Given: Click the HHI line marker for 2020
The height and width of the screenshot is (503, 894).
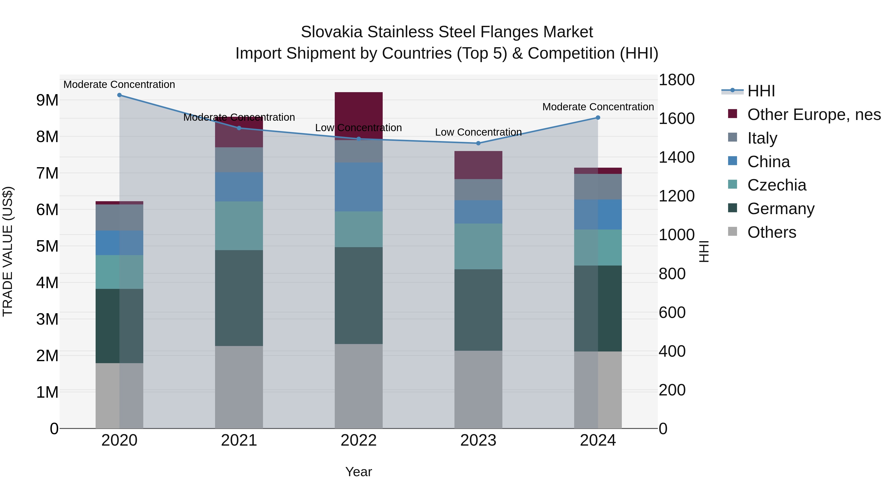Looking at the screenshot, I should (x=119, y=95).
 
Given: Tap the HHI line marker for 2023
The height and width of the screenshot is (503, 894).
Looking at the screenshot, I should (x=478, y=143).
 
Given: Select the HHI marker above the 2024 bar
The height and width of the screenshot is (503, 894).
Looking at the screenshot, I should (x=598, y=118).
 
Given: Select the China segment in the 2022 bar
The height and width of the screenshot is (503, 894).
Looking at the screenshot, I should (x=359, y=187).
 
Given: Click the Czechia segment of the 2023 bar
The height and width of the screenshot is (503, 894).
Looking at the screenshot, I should (x=478, y=246).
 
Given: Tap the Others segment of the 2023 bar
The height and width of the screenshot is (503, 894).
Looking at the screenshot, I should (x=478, y=389).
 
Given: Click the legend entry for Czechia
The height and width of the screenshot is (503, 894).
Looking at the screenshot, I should (x=776, y=185).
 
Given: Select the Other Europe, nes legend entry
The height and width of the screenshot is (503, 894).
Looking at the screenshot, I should (x=814, y=115).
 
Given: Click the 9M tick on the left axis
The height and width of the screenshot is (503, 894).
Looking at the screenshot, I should (x=47, y=100).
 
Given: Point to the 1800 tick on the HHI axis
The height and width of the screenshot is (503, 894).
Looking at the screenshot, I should (x=676, y=80).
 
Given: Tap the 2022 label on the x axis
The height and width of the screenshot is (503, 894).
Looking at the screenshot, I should (x=359, y=440).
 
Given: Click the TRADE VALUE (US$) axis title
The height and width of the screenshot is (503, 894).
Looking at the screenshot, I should (x=8, y=251).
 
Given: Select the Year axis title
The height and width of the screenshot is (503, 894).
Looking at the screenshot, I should (x=359, y=472).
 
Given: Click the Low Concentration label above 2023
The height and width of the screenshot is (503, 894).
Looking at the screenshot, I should (x=478, y=132).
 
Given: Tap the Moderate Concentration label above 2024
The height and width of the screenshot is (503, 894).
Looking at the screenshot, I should (x=598, y=107).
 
